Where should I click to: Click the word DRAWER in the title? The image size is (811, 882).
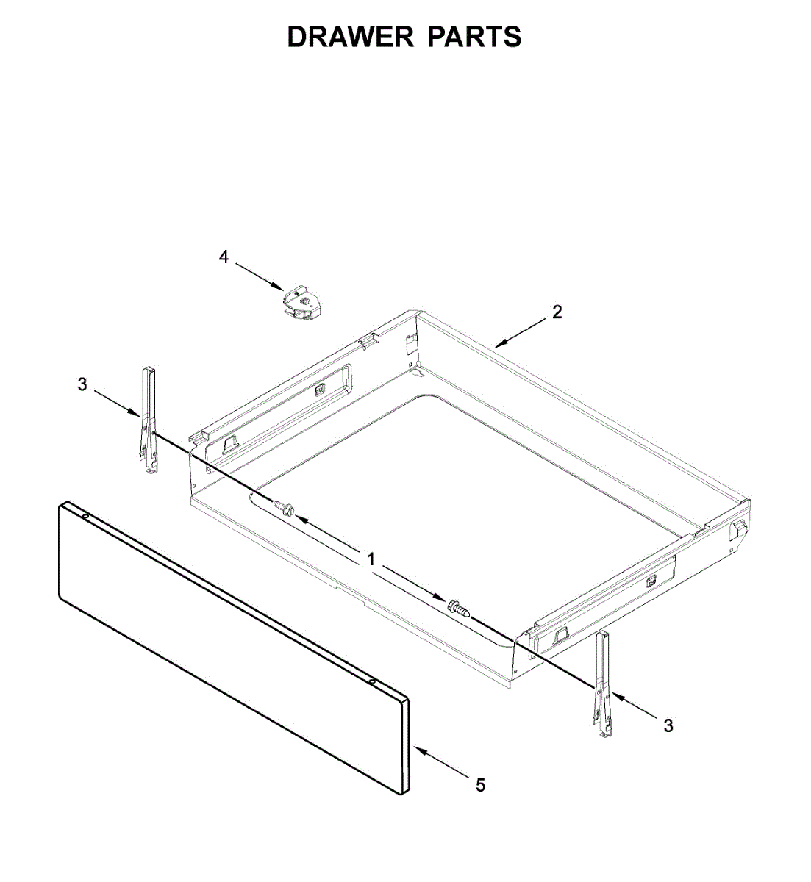[x=350, y=37]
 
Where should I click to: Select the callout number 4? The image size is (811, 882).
[x=224, y=257]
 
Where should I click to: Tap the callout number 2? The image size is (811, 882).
[x=557, y=312]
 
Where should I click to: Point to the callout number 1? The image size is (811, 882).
[x=371, y=559]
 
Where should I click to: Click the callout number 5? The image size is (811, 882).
[x=480, y=786]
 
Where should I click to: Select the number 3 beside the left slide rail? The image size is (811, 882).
[x=82, y=384]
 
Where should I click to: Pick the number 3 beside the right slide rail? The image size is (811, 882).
[x=668, y=725]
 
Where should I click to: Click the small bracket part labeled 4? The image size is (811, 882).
[x=301, y=303]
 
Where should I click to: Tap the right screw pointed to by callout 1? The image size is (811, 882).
[x=456, y=607]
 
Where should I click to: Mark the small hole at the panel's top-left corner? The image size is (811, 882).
[x=86, y=516]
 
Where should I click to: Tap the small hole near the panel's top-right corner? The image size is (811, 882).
[x=373, y=682]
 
